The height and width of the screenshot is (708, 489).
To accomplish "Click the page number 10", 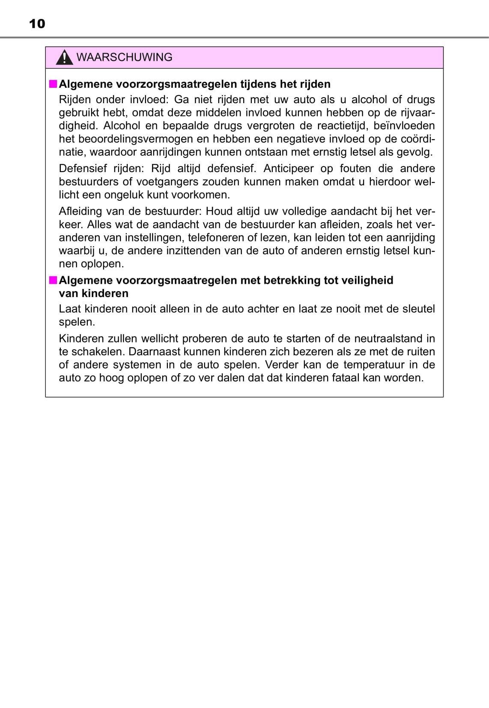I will (x=37, y=24).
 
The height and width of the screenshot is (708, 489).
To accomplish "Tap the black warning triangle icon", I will (x=64, y=58).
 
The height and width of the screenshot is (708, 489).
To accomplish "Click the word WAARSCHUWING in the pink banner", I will (x=124, y=57).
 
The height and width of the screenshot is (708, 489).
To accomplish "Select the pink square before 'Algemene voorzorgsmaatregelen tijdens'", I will (x=53, y=83).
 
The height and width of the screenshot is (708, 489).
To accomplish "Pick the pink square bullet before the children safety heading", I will (x=53, y=280).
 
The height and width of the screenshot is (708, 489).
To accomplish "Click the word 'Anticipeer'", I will (x=288, y=169).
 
